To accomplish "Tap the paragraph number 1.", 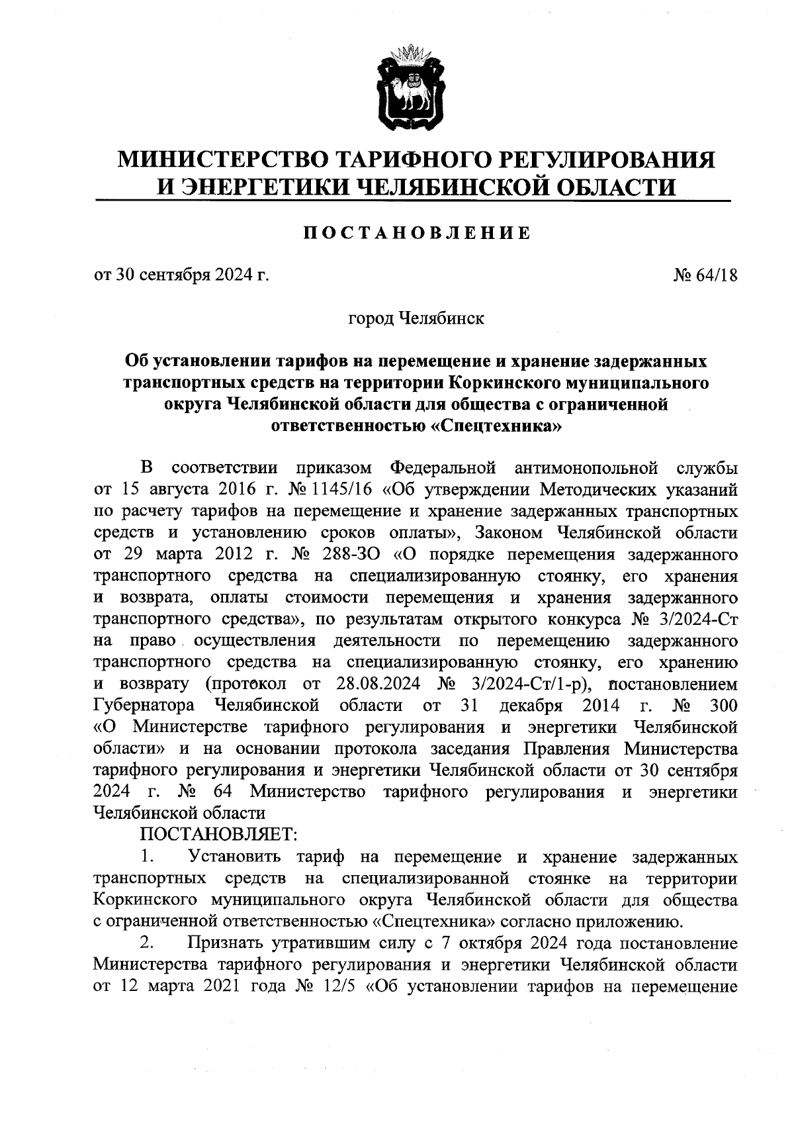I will click(x=147, y=857).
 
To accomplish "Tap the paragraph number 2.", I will click(x=147, y=942).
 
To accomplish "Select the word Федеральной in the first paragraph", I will click(x=442, y=469).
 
